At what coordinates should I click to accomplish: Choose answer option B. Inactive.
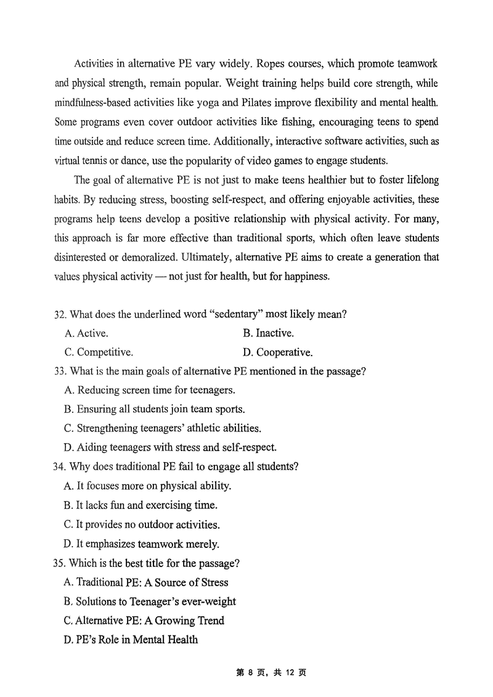268,333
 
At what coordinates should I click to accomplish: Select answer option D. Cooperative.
278,353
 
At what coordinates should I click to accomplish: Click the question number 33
60,371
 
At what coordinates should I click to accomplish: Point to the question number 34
60,467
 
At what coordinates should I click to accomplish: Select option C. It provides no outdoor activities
142,524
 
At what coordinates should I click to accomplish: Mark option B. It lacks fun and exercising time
140,505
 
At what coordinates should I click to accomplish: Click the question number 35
60,563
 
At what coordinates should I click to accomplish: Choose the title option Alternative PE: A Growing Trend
144,621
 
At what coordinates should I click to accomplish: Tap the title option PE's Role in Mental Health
131,640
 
